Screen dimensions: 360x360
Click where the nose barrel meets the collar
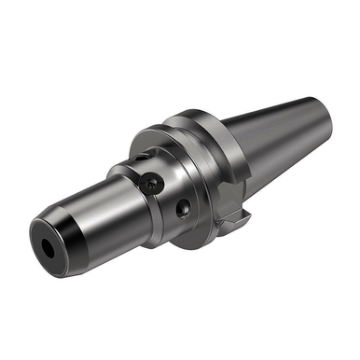point(126,191)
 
